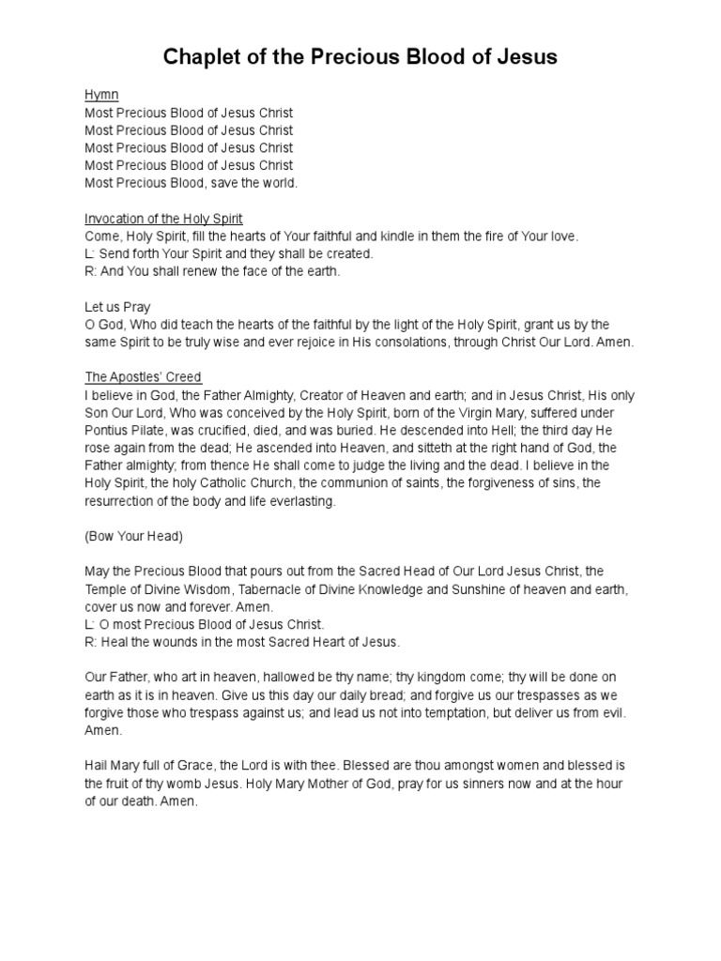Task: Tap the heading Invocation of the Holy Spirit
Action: point(163,219)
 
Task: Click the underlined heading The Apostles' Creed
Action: point(143,377)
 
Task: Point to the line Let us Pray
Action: point(117,307)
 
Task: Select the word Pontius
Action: point(107,431)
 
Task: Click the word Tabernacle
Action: point(299,589)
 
